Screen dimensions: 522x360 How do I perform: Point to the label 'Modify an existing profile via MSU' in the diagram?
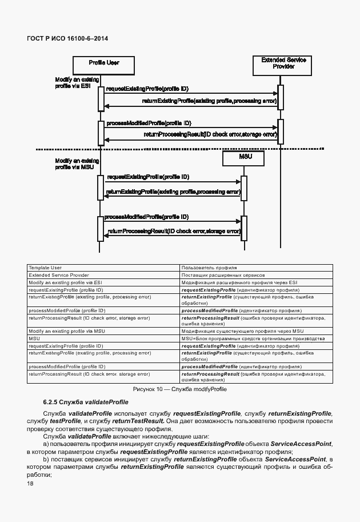click(x=74, y=164)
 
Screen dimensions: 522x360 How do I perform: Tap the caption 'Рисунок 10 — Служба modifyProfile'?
click(x=179, y=389)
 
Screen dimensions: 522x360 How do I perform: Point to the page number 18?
click(x=30, y=484)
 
